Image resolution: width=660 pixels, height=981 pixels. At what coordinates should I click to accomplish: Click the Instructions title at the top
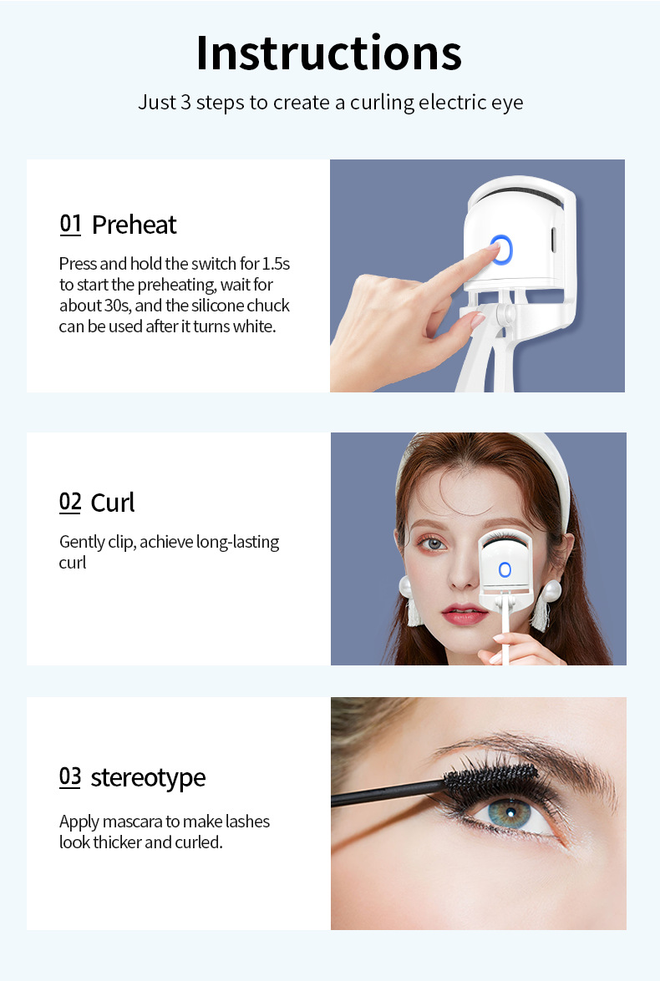[329, 53]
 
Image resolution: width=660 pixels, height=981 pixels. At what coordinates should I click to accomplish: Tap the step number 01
[70, 224]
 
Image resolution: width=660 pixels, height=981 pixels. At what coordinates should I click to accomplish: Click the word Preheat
[134, 225]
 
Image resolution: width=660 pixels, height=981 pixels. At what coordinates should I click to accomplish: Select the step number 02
[70, 502]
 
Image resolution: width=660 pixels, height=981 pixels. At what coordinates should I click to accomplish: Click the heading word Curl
[113, 503]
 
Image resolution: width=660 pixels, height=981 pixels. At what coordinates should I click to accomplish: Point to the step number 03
[70, 776]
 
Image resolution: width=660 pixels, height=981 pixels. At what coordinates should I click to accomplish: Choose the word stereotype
[148, 778]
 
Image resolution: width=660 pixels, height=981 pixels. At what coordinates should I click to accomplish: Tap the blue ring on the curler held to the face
[505, 569]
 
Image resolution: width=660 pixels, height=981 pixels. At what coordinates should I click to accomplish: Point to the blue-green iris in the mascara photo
[510, 813]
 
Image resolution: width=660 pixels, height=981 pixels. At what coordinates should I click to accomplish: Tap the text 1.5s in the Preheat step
[276, 263]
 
